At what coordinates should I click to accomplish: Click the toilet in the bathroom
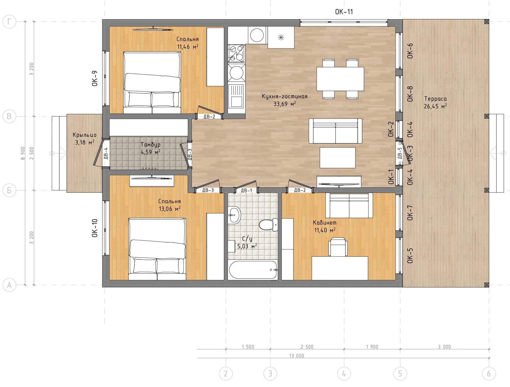[268, 225]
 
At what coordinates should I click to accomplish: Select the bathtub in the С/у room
[253, 270]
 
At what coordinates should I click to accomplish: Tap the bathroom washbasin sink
[234, 215]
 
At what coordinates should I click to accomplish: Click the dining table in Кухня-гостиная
[340, 79]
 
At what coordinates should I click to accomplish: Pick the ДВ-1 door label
[247, 190]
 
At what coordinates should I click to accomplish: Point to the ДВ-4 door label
[106, 153]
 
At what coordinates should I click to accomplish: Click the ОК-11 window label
[344, 12]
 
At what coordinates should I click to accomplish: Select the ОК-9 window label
[95, 78]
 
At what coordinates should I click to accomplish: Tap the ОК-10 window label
[95, 228]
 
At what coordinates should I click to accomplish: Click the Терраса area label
[435, 99]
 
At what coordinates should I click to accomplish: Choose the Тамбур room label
[150, 144]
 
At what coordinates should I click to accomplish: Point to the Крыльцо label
[84, 135]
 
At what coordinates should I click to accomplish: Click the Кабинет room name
[325, 222]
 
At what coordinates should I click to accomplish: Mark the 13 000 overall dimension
[297, 356]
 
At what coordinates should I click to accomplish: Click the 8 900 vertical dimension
[23, 153]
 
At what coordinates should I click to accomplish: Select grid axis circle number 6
[489, 374]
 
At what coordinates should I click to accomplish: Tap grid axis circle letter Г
[9, 22]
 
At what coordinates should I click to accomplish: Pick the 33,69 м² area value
[285, 104]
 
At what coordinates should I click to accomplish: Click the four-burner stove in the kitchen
[236, 53]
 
